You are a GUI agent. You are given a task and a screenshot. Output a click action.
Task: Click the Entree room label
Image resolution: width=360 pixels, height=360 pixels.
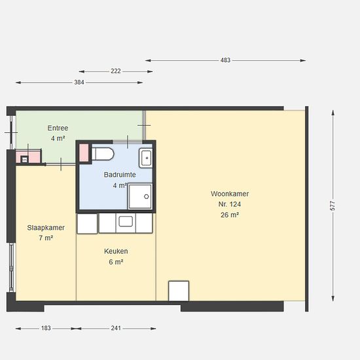point(58,128)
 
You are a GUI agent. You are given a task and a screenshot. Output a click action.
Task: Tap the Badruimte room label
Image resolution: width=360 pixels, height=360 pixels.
point(120,175)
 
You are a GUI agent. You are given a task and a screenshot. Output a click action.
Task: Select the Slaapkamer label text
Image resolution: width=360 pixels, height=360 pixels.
point(46,228)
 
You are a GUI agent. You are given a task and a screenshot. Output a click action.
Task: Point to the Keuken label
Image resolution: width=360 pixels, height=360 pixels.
point(116,251)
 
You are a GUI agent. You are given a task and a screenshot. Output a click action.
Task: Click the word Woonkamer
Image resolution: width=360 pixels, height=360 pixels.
point(230,194)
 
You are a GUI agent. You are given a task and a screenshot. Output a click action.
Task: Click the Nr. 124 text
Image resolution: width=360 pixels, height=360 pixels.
point(230,204)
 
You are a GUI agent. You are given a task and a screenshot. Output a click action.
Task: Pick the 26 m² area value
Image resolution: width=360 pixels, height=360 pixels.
point(230,215)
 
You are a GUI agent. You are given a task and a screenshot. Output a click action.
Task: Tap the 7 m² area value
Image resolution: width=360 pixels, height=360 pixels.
point(46,238)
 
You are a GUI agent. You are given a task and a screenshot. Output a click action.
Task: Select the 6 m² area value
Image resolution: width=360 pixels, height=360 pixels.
point(116,262)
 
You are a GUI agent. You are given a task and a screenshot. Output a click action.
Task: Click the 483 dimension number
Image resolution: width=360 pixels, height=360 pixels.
point(225,60)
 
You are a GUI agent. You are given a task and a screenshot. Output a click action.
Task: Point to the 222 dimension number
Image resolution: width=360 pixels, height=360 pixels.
point(116,71)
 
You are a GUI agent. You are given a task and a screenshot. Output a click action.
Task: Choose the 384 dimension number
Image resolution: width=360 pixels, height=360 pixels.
point(79,82)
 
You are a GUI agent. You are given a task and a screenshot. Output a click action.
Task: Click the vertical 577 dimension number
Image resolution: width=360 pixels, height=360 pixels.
point(333,206)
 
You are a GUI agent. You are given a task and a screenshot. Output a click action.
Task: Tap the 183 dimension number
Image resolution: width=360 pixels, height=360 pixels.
point(46,328)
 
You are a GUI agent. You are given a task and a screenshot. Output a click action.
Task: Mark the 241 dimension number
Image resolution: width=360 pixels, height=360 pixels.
point(116,328)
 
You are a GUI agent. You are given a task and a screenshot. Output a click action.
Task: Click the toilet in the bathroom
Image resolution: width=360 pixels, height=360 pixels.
point(103,154)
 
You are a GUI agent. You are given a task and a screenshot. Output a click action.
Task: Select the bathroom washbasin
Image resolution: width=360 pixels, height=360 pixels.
point(146,158)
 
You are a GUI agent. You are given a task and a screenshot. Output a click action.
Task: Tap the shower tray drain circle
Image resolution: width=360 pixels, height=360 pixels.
point(147,196)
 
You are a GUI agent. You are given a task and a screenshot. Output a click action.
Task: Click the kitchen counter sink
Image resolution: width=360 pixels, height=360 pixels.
point(126,221)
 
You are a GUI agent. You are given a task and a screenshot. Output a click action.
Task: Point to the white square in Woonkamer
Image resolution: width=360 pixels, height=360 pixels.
point(179,291)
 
